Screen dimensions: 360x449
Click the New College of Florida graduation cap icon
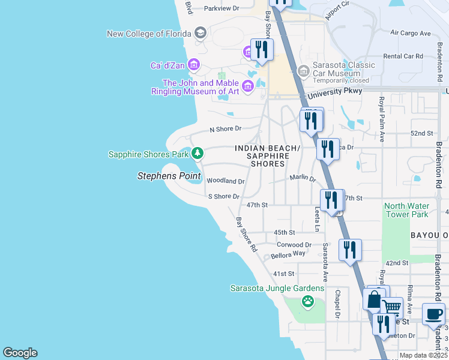[x=200, y=34]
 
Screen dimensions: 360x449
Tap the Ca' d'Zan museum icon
[x=193, y=64]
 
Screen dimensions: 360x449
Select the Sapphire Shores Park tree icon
[x=197, y=154]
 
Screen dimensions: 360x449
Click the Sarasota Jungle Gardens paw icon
[x=308, y=301]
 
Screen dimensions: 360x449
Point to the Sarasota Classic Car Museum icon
[x=304, y=72]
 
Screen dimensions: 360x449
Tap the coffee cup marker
[x=433, y=313]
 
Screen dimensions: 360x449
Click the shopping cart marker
[x=392, y=308]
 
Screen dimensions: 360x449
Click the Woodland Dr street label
[x=225, y=181]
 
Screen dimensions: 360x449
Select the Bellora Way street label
[x=288, y=254]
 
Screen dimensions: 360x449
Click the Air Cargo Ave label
[x=411, y=33]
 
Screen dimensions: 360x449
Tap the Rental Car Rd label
[x=403, y=56]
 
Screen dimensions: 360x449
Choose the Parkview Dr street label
[x=221, y=8]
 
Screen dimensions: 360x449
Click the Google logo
[x=20, y=353]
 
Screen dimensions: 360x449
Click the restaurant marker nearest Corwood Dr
[x=350, y=249]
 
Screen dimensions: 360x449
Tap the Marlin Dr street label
[x=302, y=178]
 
